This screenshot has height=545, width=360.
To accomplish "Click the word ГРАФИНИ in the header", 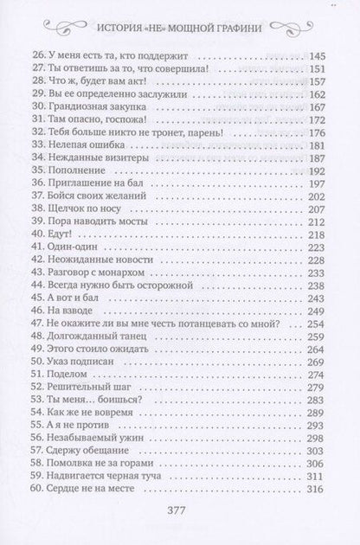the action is (x=275, y=25).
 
